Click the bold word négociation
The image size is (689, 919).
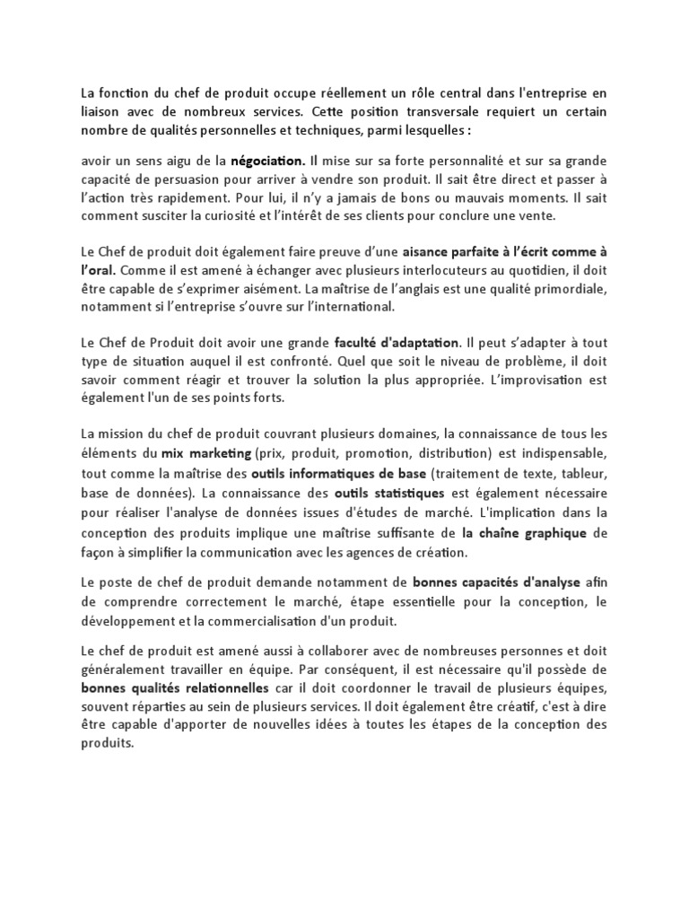[x=267, y=162]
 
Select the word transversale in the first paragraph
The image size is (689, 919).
[x=406, y=112]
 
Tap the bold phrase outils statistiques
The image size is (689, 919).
[x=389, y=494]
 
